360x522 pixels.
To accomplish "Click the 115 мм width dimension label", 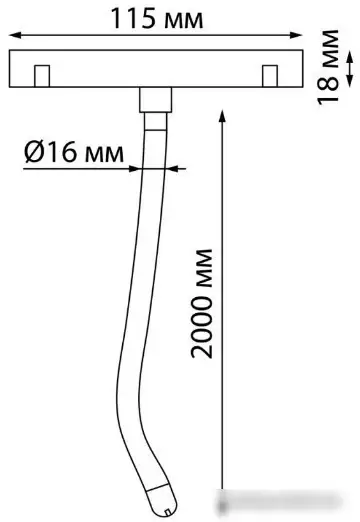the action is pyautogui.click(x=157, y=19).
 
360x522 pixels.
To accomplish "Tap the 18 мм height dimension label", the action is pyautogui.click(x=328, y=67).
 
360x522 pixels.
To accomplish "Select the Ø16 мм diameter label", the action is pyautogui.click(x=74, y=152).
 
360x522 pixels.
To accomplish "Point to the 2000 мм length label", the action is pyautogui.click(x=201, y=303).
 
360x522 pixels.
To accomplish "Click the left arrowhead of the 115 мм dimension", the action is pyautogui.click(x=14, y=35).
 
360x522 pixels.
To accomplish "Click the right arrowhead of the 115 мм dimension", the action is pyautogui.click(x=297, y=35).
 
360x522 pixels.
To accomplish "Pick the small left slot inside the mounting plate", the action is pyautogui.click(x=42, y=76).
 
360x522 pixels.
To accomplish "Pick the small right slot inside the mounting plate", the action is pyautogui.click(x=270, y=76).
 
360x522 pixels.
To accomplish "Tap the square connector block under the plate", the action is pyautogui.click(x=155, y=100).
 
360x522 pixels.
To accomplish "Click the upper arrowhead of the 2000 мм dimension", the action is pyautogui.click(x=223, y=114).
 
